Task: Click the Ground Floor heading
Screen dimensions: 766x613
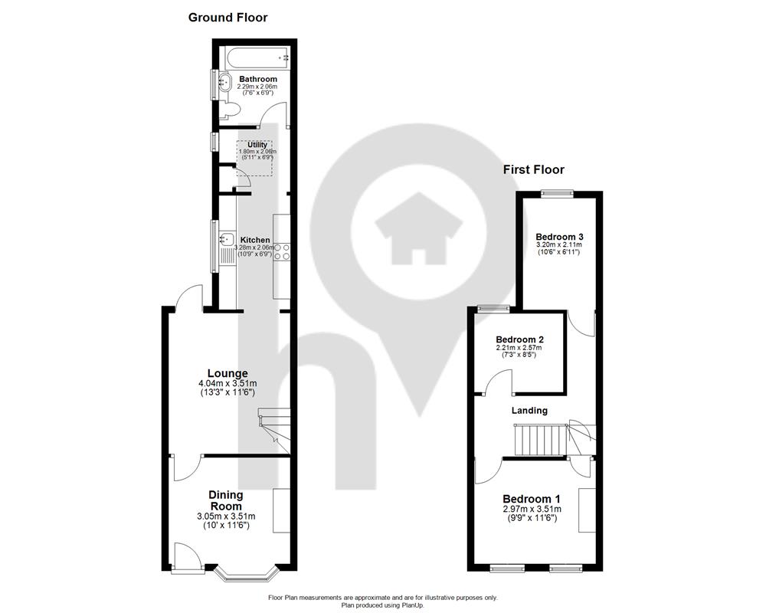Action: point(228,18)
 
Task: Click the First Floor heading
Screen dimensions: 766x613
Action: point(533,169)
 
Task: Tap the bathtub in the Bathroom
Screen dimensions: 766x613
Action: point(257,57)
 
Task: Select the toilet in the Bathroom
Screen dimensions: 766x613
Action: point(228,110)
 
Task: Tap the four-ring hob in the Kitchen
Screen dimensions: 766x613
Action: point(282,251)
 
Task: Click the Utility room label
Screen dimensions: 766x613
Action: point(257,145)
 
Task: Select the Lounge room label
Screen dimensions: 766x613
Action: point(228,373)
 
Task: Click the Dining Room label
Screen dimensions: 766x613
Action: point(226,500)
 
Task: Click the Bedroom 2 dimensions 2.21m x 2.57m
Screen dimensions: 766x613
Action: point(519,348)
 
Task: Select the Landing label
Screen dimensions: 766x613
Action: point(529,411)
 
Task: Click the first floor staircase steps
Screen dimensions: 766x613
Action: point(540,440)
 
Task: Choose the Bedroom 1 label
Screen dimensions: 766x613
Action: point(532,499)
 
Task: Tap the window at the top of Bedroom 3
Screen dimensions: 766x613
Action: point(557,193)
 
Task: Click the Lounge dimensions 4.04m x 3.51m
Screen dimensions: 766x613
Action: point(228,384)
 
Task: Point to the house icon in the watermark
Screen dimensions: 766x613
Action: point(419,228)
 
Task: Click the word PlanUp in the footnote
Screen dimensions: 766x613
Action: point(413,605)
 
